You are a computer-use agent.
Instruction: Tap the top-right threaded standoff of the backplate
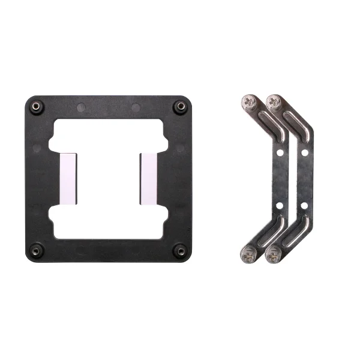(179, 107)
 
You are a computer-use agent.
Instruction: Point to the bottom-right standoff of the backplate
(179, 249)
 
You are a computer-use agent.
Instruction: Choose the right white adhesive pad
(148, 178)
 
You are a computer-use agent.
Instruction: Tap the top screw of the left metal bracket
(249, 101)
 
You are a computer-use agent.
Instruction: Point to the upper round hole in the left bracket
(279, 153)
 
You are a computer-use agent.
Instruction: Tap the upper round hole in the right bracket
(304, 153)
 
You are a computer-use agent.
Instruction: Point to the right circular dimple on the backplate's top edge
(136, 109)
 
